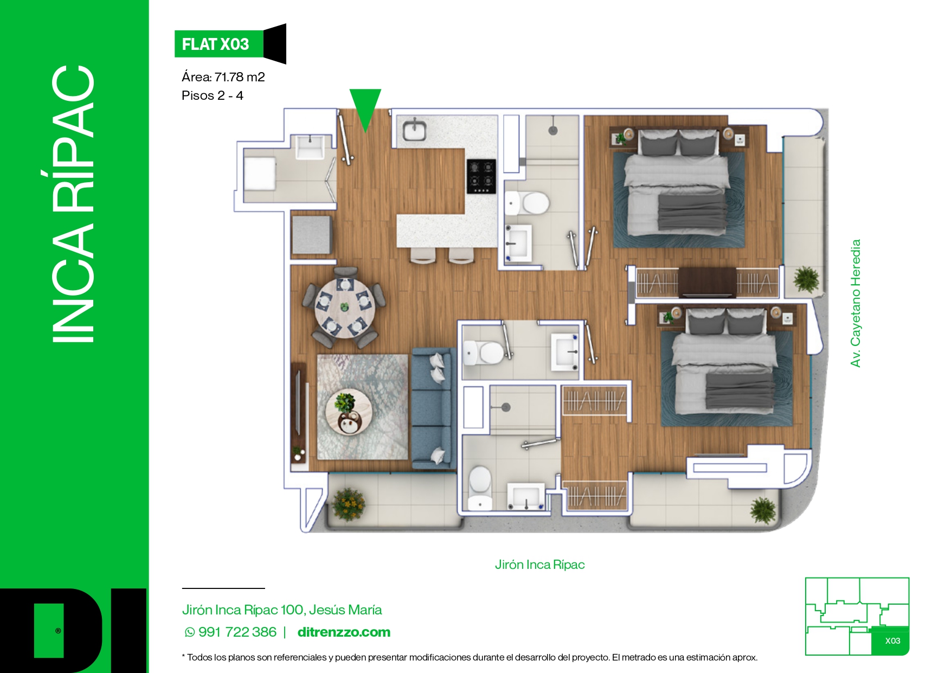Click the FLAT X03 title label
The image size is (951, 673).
(x=215, y=44)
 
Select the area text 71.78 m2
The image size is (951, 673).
(x=240, y=77)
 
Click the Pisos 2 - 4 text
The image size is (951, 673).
(x=213, y=95)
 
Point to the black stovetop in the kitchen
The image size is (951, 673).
(x=481, y=176)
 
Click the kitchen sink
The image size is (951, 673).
(x=415, y=130)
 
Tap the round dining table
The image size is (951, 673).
(x=345, y=308)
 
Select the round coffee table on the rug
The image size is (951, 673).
(x=349, y=412)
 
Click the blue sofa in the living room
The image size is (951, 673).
(x=433, y=408)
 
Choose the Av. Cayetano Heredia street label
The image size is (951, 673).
(x=856, y=303)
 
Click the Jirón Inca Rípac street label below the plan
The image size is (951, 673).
(x=539, y=565)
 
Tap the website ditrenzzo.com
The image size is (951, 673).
(x=344, y=632)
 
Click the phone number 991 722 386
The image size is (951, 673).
(x=237, y=632)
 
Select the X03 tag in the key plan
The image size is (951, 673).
(x=892, y=640)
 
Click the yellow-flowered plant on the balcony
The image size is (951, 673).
(x=348, y=504)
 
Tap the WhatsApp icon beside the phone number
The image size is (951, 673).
(x=190, y=632)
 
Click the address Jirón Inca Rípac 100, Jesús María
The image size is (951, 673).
(x=282, y=610)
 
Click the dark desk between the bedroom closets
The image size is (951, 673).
(x=707, y=282)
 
